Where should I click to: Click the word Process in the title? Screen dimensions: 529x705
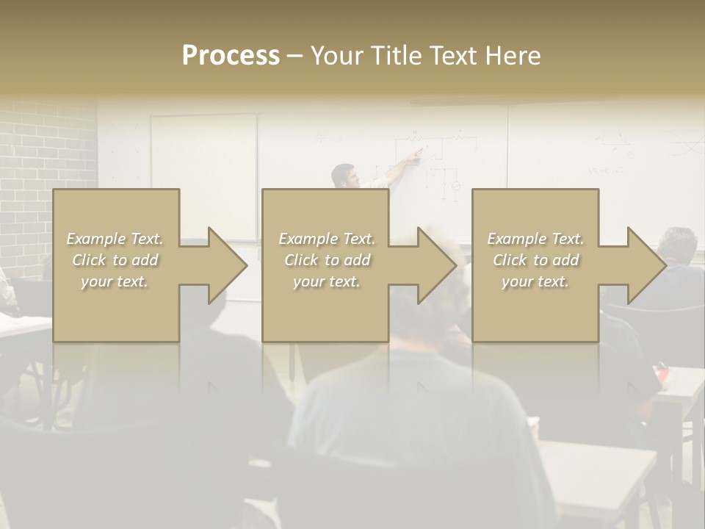(231, 56)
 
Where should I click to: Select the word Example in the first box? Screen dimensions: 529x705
(95, 239)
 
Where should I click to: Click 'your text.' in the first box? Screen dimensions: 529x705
(115, 281)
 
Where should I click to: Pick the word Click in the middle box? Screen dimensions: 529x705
(301, 260)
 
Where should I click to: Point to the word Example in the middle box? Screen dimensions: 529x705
(308, 239)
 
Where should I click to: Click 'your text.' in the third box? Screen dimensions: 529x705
(535, 281)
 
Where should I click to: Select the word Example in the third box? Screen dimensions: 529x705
(516, 239)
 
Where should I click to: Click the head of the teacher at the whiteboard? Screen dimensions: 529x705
(343, 175)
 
